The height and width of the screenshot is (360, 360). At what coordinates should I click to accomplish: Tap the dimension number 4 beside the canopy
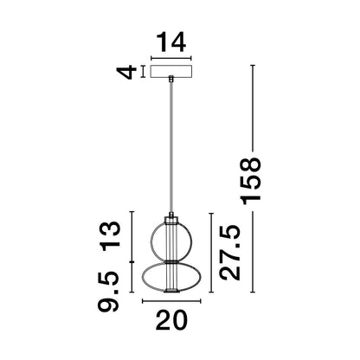(x=127, y=73)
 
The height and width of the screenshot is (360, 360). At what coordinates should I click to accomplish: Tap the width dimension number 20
(x=171, y=322)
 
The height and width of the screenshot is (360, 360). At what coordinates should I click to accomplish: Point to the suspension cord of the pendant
(x=173, y=147)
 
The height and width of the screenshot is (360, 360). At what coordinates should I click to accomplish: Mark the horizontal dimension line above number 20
(x=171, y=302)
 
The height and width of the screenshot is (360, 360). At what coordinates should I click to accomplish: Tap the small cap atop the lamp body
(x=173, y=215)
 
